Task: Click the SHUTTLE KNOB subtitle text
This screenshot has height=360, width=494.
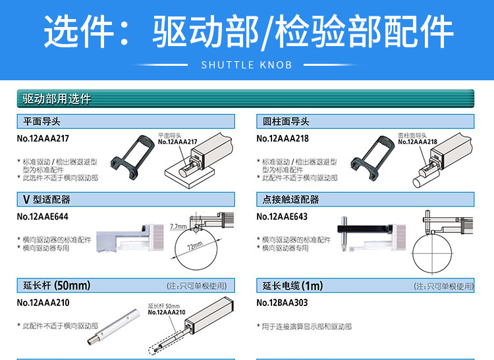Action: pos(246,65)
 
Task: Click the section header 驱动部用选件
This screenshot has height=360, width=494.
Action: pos(57,99)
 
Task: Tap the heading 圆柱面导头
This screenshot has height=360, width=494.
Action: pos(287,122)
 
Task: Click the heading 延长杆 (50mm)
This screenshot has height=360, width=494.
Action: pos(57,286)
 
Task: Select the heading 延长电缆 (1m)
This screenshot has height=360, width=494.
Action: pos(293,286)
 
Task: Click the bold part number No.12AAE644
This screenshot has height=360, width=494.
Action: pos(43,217)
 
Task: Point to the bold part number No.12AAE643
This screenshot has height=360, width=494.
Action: pos(282,217)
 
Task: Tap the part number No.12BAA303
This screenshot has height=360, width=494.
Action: pos(282,303)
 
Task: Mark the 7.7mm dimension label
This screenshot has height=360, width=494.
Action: pos(178,226)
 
